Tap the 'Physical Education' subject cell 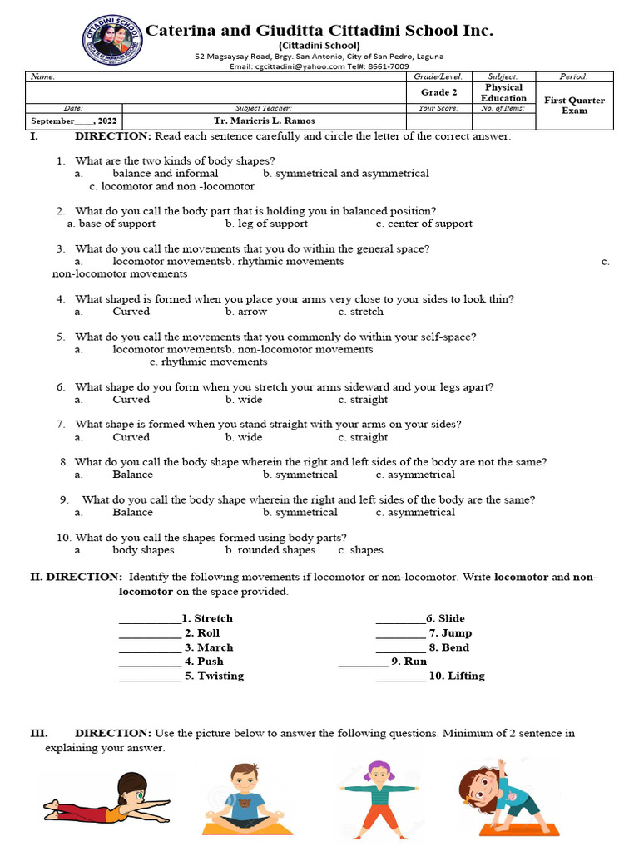(x=503, y=92)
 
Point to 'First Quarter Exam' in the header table (x=574, y=106)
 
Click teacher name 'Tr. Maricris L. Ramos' (x=263, y=121)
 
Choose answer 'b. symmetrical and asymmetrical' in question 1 (x=345, y=174)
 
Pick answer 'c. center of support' (x=424, y=224)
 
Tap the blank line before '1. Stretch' (x=149, y=619)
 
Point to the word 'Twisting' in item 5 (x=220, y=676)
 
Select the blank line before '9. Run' (x=362, y=662)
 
